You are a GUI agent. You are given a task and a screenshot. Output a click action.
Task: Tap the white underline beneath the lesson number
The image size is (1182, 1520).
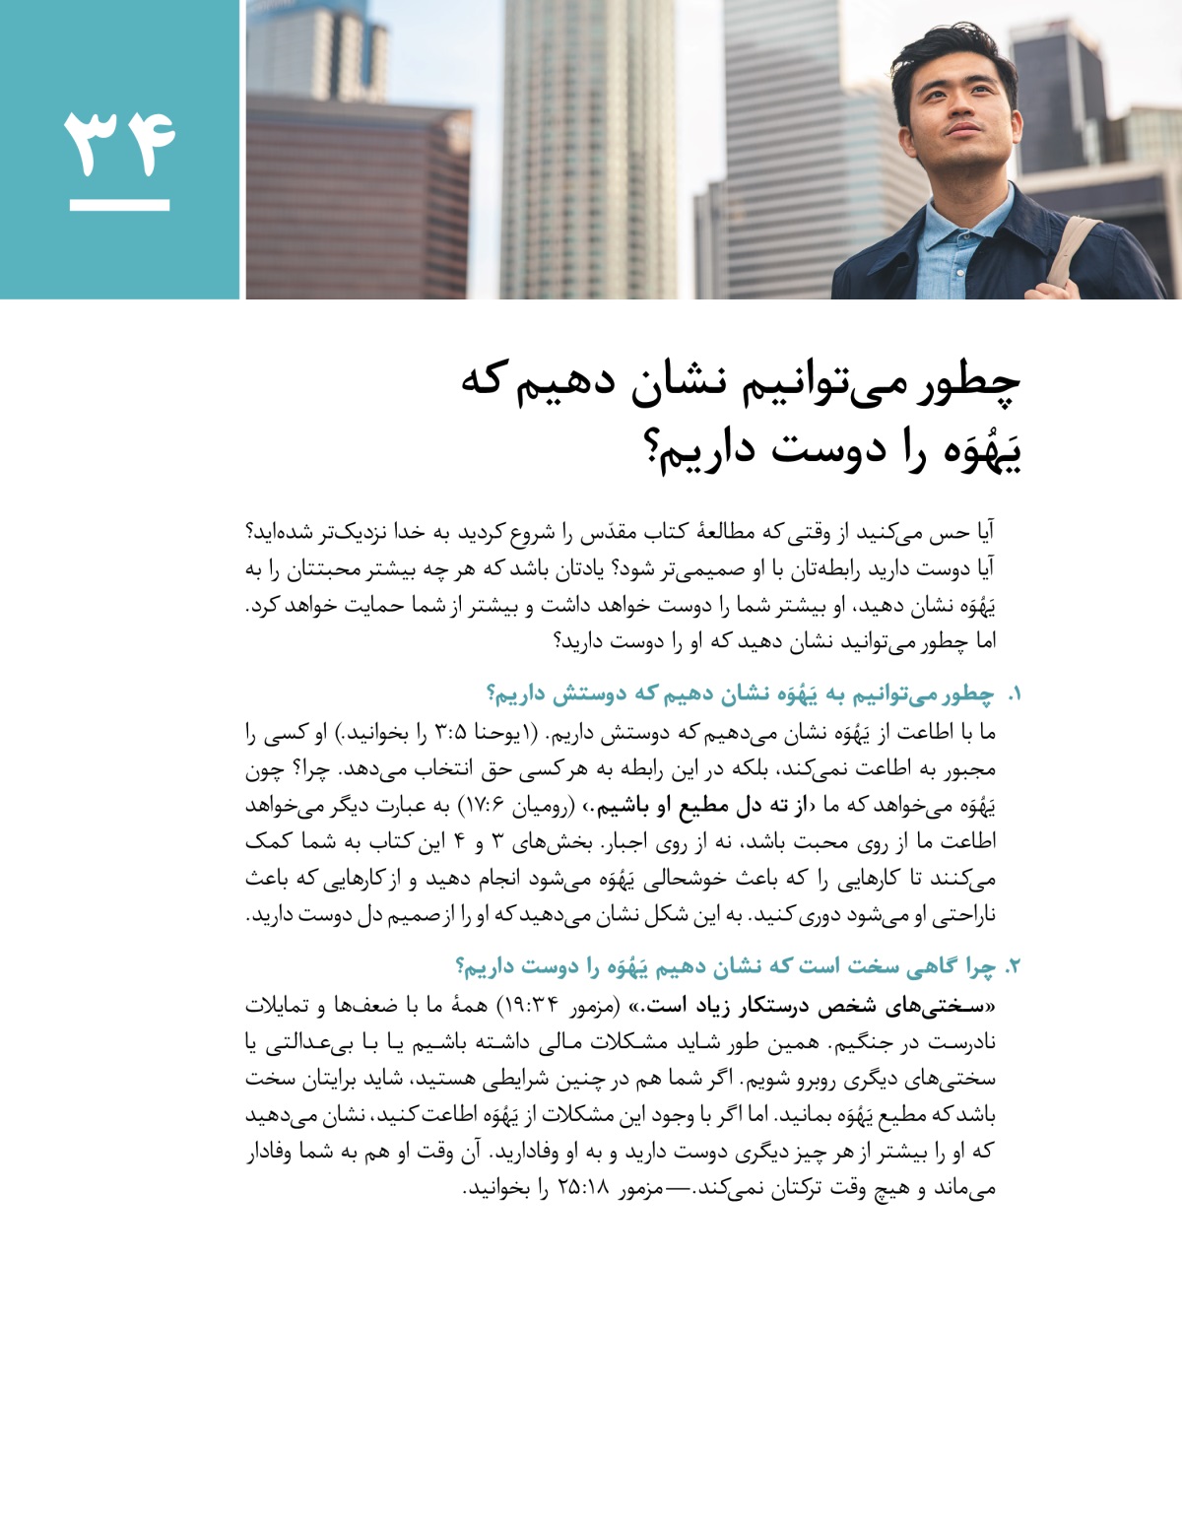(x=119, y=206)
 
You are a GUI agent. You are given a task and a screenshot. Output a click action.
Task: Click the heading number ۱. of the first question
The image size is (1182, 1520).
(x=1014, y=695)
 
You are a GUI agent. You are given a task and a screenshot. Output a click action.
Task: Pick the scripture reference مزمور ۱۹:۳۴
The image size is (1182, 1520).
(x=552, y=1006)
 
